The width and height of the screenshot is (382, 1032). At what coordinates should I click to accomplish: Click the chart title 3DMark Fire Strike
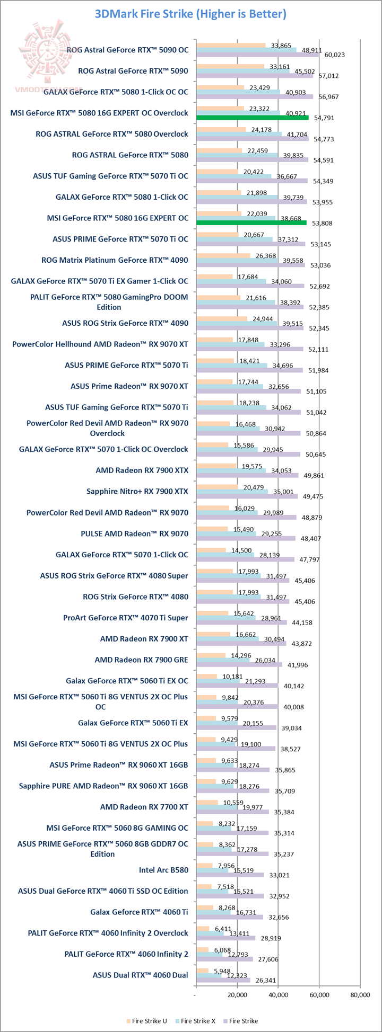(x=190, y=14)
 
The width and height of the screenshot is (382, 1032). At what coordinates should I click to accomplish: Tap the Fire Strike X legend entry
(x=198, y=1021)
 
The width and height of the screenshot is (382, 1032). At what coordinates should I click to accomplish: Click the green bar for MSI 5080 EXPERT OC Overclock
(x=252, y=118)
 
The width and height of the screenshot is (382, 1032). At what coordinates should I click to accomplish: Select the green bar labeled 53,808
(x=251, y=223)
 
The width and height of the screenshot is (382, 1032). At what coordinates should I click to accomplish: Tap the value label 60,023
(x=335, y=55)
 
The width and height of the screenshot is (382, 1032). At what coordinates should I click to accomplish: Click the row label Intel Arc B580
(x=163, y=870)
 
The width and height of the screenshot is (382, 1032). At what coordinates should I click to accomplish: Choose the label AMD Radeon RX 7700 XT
(x=144, y=807)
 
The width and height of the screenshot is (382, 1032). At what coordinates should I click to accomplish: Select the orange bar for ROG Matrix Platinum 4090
(x=223, y=256)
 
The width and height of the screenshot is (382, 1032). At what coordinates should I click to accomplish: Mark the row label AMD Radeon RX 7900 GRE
(x=141, y=660)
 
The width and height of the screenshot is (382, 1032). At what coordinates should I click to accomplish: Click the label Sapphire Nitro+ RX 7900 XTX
(x=137, y=491)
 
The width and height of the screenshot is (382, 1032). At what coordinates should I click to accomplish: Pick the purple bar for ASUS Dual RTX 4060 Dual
(x=223, y=980)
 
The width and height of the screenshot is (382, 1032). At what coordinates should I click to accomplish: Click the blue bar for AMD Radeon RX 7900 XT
(x=227, y=639)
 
